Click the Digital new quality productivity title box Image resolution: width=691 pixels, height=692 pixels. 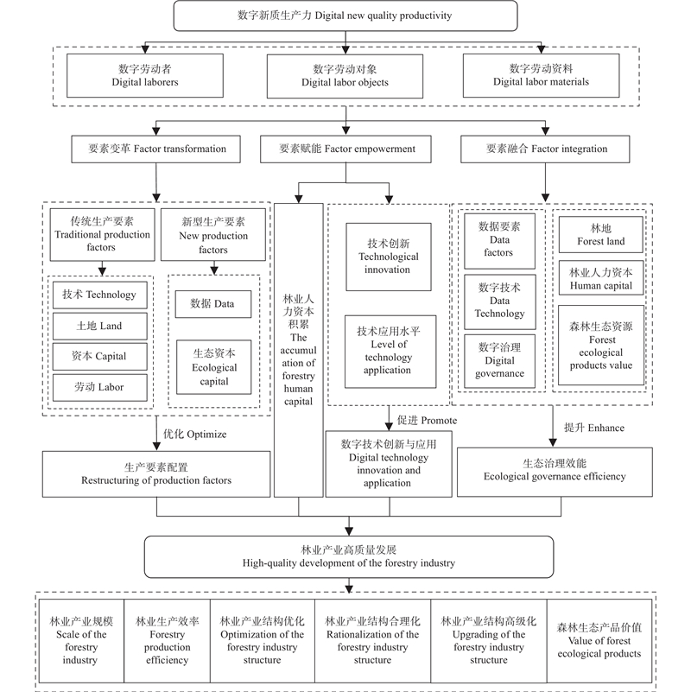[x=345, y=16]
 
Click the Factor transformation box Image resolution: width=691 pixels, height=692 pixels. [x=155, y=149]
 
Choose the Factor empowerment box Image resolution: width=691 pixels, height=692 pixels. [x=347, y=149]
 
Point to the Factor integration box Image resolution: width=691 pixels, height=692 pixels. [x=546, y=149]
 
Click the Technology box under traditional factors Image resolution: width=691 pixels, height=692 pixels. [x=99, y=295]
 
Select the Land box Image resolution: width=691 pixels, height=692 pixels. [x=99, y=326]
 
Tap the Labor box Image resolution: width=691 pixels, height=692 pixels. [x=99, y=388]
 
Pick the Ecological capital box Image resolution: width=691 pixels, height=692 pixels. [x=214, y=361]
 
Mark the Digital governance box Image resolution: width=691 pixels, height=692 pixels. [x=500, y=361]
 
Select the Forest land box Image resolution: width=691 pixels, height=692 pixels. [x=600, y=235]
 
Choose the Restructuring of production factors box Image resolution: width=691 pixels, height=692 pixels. [x=156, y=473]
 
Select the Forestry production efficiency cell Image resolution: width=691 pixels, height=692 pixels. [x=168, y=640]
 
